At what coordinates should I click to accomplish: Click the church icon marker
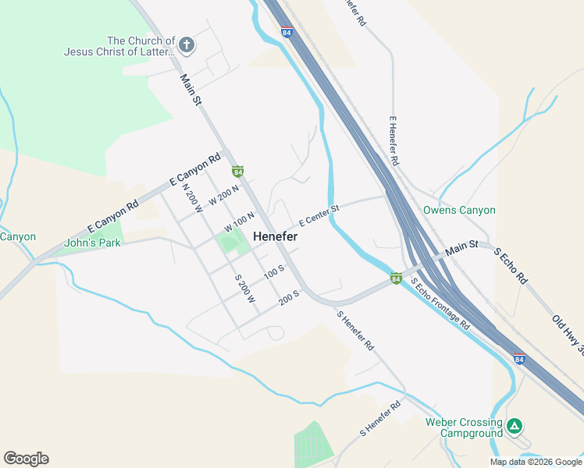(186, 44)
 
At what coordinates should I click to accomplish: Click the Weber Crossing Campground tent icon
(515, 426)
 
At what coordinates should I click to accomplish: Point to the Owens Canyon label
(459, 210)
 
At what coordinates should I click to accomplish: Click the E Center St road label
(319, 212)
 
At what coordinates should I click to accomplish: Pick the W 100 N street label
(240, 222)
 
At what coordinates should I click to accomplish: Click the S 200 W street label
(245, 289)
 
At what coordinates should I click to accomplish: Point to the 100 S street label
(273, 272)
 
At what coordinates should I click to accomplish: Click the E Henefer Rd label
(394, 141)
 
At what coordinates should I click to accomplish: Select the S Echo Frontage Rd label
(441, 304)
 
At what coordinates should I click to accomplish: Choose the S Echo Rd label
(511, 267)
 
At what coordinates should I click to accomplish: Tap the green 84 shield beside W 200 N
(237, 171)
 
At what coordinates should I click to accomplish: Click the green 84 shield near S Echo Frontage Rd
(396, 278)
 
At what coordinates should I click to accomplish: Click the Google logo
(26, 459)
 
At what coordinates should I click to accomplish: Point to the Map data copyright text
(536, 462)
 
